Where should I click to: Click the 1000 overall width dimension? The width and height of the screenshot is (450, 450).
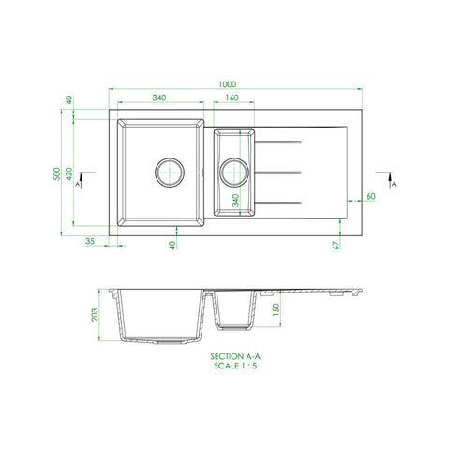point(227,84)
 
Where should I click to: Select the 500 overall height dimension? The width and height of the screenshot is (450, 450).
point(57,173)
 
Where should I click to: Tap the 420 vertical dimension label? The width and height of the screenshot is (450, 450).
point(69,173)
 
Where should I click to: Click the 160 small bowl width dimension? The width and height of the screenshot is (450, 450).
point(232,97)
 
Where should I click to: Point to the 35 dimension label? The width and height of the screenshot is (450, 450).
point(90,241)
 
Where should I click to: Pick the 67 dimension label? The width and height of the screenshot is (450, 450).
point(337,246)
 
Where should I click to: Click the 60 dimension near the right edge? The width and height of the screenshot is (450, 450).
point(371,196)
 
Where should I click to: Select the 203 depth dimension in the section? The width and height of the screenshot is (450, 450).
point(95,315)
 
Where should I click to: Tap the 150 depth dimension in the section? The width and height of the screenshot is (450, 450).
point(277,309)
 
